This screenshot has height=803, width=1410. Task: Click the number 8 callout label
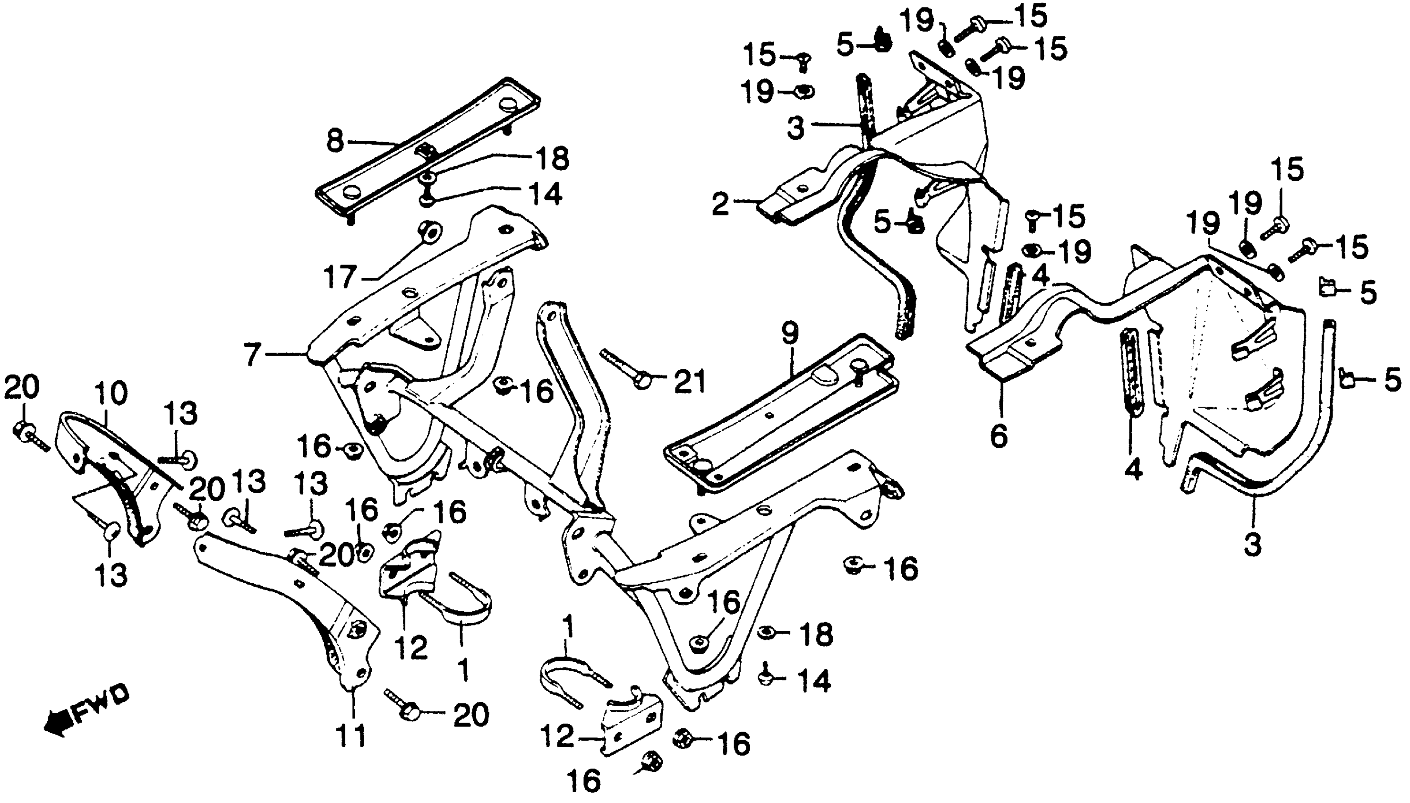[x=335, y=141]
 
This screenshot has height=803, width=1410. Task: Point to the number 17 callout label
[x=339, y=277]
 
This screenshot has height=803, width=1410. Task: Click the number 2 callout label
[x=720, y=205]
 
